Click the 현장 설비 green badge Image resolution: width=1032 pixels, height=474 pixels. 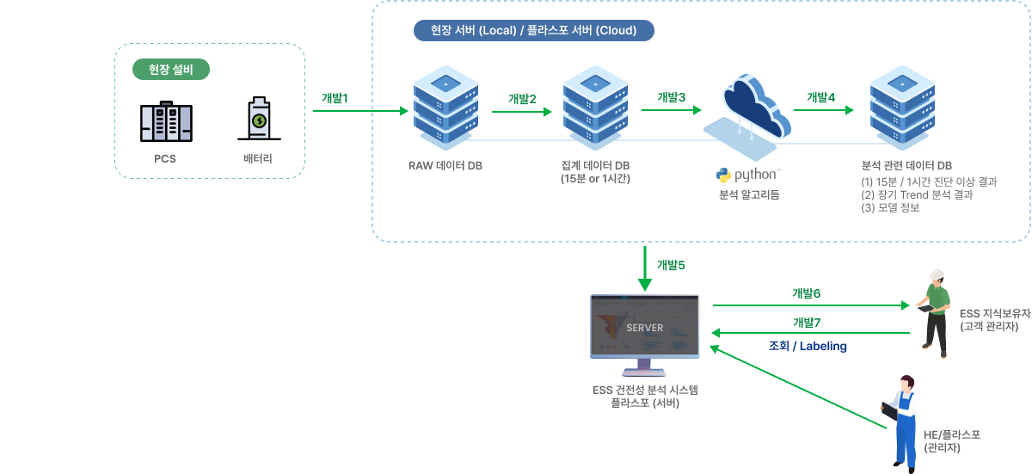[170, 70]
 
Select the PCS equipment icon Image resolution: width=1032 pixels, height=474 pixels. [165, 122]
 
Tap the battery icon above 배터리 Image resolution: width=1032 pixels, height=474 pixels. [258, 120]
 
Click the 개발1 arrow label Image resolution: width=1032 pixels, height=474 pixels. [335, 98]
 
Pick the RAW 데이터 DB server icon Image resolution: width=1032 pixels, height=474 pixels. [445, 107]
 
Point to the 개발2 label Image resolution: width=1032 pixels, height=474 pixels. [522, 99]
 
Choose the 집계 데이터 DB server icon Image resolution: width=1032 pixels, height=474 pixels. [594, 107]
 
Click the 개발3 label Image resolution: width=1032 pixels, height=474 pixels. [671, 98]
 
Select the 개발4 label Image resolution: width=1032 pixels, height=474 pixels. [820, 97]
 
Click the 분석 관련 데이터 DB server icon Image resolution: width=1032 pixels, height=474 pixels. [902, 107]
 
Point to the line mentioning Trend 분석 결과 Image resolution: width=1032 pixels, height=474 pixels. [917, 194]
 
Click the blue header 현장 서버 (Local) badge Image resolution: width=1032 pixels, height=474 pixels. [533, 31]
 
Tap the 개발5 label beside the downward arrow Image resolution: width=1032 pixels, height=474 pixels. [671, 265]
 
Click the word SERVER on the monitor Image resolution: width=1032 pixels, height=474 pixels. [645, 328]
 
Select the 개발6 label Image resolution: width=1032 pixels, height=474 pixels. [806, 293]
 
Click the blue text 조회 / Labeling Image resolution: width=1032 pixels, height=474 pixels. [808, 347]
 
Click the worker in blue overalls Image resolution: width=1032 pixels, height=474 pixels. [904, 422]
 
